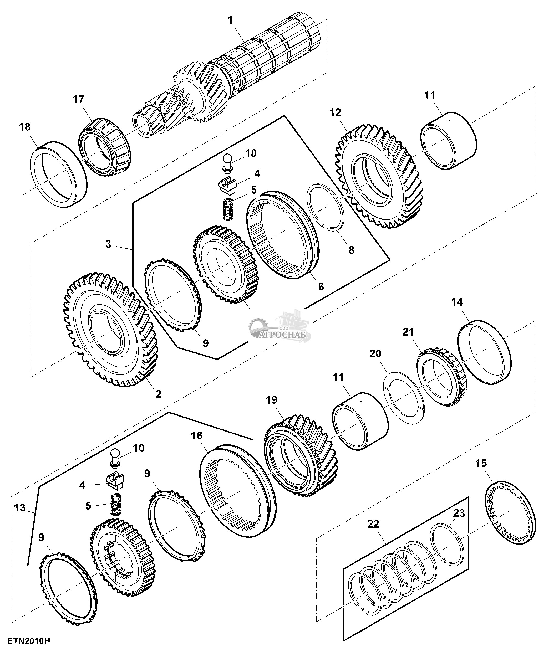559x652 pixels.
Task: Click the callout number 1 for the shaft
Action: click(x=230, y=20)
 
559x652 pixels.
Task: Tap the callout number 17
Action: click(x=78, y=99)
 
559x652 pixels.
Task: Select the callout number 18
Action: click(x=25, y=127)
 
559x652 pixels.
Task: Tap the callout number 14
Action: click(x=457, y=302)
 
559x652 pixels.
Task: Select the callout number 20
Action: click(x=375, y=353)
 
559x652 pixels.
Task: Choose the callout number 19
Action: click(x=272, y=400)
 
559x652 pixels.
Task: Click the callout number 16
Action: click(x=196, y=436)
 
